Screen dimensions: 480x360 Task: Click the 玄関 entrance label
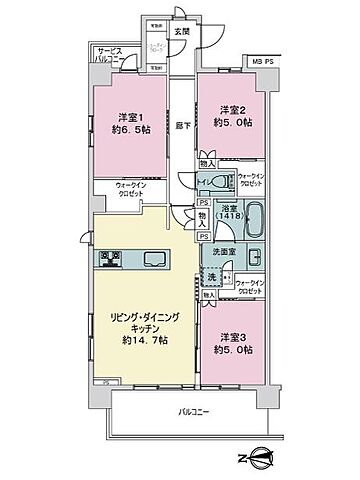182,30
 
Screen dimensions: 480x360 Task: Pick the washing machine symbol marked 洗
212,277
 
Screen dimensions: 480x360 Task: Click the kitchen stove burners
111,260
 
